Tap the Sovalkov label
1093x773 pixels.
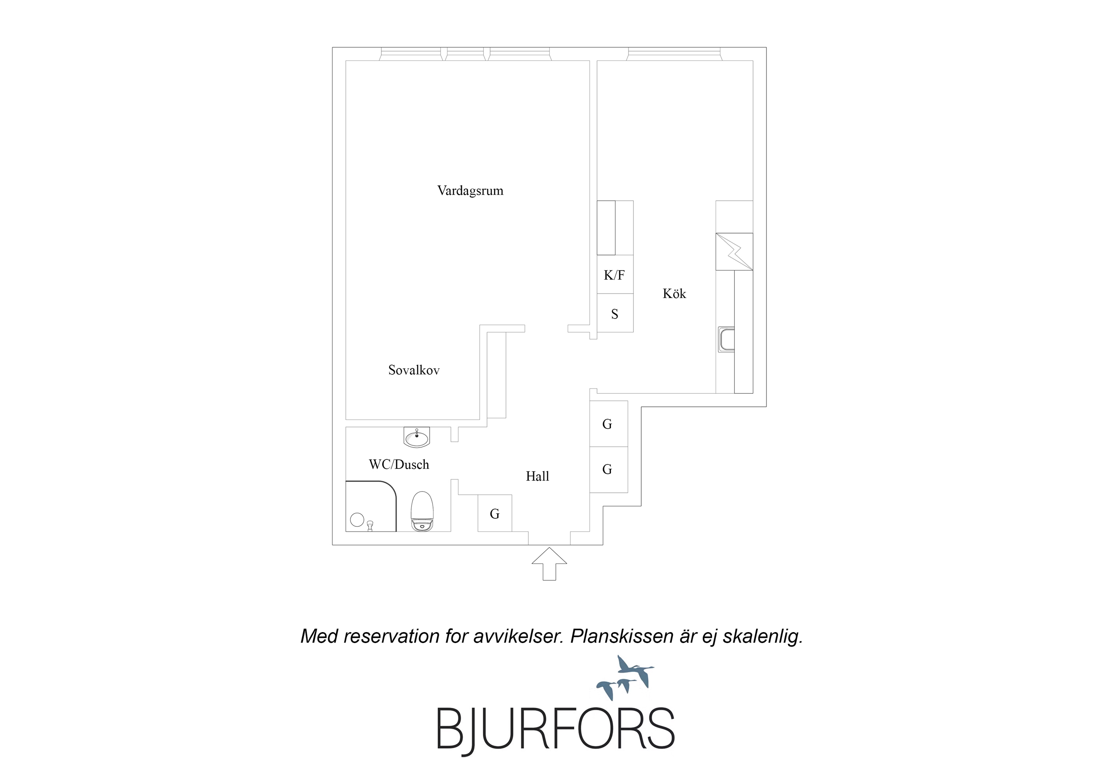coord(414,370)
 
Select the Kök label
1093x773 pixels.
coord(674,294)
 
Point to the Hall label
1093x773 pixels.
coord(538,476)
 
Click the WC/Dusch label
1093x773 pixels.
coord(399,465)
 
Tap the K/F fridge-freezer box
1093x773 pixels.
coord(615,274)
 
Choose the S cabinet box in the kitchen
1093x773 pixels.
coord(615,313)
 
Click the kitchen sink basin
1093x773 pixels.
coord(726,340)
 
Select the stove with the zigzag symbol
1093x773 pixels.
coord(734,252)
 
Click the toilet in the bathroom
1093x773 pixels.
coord(422,511)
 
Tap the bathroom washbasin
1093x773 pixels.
coord(416,437)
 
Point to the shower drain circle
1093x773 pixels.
coord(357,520)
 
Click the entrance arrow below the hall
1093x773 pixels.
coord(549,564)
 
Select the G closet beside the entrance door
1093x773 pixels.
coord(495,514)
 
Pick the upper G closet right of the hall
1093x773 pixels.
coord(609,424)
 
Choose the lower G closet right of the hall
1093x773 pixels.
coord(609,469)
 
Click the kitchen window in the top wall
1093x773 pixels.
coord(674,54)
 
